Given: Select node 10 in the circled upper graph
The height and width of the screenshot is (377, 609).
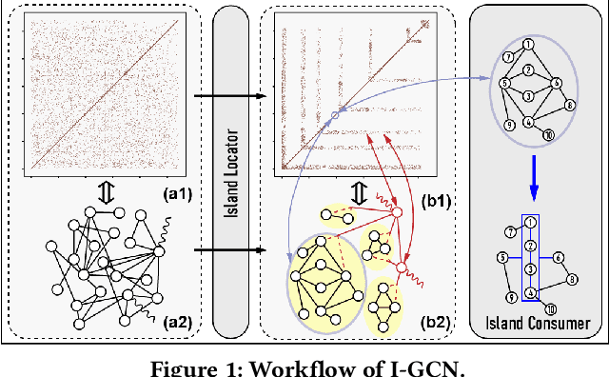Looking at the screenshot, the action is click(x=547, y=135).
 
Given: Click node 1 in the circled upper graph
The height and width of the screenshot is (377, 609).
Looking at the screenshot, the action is click(x=528, y=43).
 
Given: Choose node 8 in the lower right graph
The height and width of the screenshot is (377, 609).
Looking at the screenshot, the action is click(x=572, y=279).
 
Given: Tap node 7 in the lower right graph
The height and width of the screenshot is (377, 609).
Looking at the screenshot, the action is click(x=510, y=231).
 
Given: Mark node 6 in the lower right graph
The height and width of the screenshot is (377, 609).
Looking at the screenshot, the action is click(x=558, y=256).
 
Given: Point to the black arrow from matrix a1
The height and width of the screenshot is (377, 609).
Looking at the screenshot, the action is click(x=227, y=95).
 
